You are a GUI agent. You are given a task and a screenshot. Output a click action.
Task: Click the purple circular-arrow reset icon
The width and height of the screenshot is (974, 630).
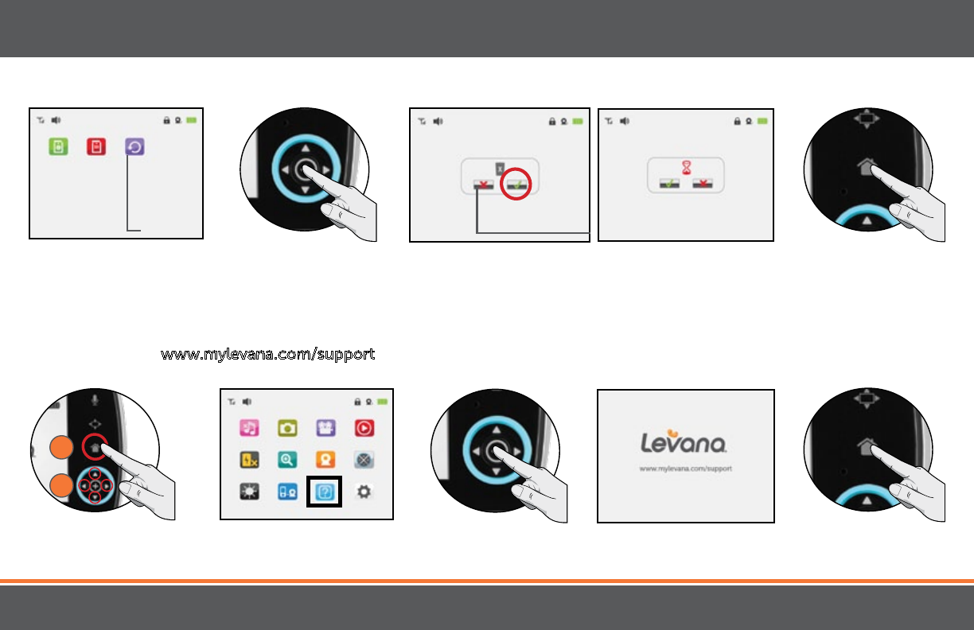[x=134, y=147]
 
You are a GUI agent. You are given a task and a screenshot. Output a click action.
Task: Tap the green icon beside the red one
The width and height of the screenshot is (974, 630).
[x=57, y=147]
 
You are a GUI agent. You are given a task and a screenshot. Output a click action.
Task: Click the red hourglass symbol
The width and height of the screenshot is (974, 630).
[x=685, y=169]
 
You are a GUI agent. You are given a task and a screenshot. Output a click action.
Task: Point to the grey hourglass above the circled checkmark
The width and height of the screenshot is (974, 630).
[x=500, y=169]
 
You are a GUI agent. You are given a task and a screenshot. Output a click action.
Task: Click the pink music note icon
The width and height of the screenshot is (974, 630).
[x=249, y=428]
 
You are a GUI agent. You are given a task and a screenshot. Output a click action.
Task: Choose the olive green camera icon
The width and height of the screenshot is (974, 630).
[x=287, y=428]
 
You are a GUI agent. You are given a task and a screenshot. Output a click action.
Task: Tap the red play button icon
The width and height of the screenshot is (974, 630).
[x=364, y=428]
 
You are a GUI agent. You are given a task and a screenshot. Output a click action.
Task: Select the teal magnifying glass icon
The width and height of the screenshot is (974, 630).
[x=287, y=460]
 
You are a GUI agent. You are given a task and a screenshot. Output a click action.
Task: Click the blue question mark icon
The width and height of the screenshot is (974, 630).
[x=325, y=492]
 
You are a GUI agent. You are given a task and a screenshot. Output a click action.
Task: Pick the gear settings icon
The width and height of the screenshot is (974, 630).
[x=364, y=492]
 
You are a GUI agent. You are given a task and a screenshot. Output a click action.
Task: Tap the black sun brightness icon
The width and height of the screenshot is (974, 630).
[x=249, y=492]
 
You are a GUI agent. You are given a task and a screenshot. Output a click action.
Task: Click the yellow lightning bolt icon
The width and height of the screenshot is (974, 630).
[x=249, y=460]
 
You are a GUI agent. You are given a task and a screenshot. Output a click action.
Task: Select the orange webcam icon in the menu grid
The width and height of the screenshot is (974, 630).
[x=325, y=460]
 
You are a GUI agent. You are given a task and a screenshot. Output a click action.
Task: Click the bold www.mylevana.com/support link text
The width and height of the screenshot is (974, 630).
[x=268, y=355]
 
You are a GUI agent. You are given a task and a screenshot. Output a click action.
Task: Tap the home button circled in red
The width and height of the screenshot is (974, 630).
[x=95, y=448]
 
